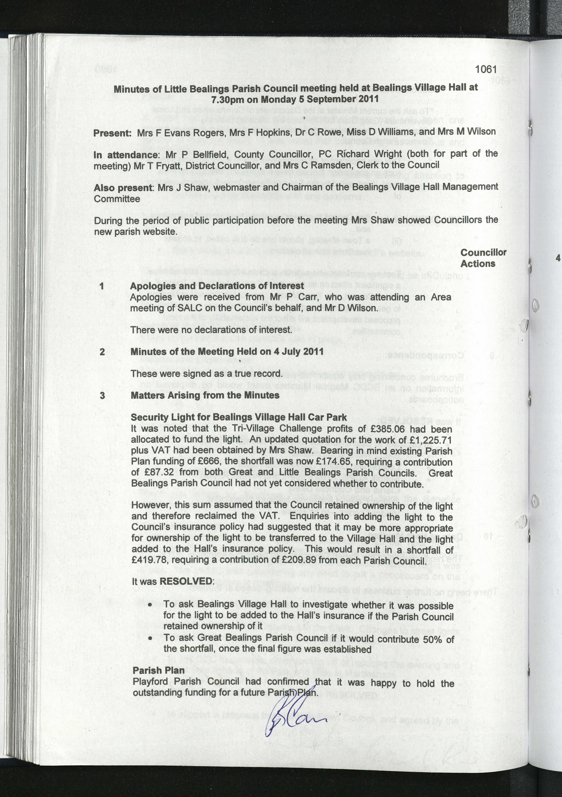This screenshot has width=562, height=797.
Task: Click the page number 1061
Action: tap(486, 69)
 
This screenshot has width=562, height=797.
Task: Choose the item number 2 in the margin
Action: tap(102, 352)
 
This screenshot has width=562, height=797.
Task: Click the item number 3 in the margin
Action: tap(102, 395)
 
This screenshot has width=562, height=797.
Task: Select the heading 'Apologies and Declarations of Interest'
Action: tap(217, 286)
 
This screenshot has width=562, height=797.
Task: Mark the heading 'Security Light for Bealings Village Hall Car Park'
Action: tap(239, 417)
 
